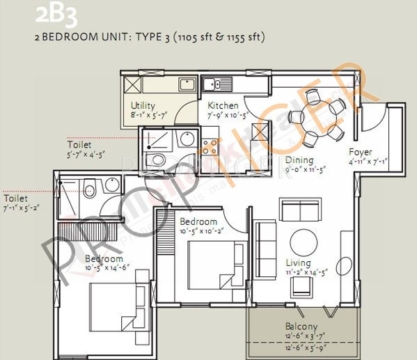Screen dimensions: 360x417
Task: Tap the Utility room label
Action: coord(143,106)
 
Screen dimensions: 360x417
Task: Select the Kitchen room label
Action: coord(223,106)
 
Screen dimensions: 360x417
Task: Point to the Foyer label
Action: coord(361,152)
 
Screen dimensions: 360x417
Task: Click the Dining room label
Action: coord(299,159)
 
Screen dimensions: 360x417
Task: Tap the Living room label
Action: coord(299,263)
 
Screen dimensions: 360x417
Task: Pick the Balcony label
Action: coord(301,327)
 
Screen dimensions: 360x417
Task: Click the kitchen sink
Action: coord(222,86)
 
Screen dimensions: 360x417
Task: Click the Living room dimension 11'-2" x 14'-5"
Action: coord(306,273)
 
